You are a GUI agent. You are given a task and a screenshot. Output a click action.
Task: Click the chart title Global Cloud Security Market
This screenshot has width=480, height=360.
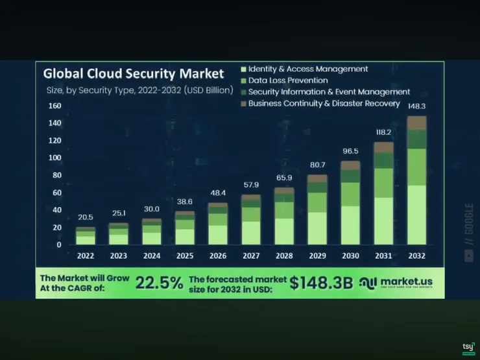(x=133, y=73)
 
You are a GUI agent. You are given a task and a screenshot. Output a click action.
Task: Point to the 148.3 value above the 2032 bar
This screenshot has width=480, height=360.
(x=416, y=106)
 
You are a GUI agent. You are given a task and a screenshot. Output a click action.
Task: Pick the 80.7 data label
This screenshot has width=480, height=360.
(x=317, y=165)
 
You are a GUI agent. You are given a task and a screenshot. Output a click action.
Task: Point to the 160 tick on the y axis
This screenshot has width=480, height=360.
(x=54, y=106)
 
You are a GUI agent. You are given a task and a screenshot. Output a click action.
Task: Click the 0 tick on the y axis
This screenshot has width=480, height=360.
(x=58, y=245)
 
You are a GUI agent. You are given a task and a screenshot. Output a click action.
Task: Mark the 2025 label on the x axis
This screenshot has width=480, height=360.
(x=185, y=256)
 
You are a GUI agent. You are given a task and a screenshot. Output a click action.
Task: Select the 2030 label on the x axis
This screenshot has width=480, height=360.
(x=350, y=256)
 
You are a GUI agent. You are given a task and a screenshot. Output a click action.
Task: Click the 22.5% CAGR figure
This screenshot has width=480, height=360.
(x=160, y=283)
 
